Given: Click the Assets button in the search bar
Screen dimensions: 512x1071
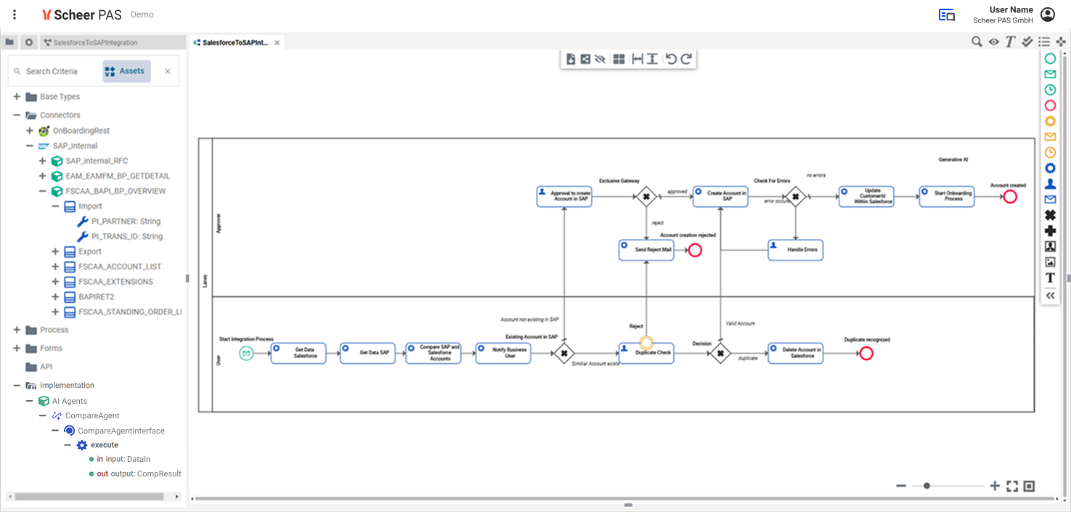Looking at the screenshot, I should (126, 71).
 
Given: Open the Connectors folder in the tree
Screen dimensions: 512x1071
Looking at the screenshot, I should (60, 115).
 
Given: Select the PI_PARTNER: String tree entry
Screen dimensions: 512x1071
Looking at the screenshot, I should (126, 222).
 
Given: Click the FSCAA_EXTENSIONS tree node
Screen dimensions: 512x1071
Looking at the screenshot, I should (115, 282).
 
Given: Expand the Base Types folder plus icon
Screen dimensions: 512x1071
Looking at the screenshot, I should (17, 97).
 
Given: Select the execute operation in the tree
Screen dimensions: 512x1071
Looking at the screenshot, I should (104, 445).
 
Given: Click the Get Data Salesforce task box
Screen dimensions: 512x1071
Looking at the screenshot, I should (298, 353).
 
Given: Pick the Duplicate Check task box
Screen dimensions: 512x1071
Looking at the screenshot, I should (646, 353).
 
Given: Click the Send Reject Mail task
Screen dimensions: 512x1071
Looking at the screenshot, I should (646, 250).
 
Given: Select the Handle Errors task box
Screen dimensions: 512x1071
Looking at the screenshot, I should (795, 250).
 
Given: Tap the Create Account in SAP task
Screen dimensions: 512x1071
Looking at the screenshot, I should (720, 196).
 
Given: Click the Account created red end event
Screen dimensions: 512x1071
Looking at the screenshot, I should (1009, 197).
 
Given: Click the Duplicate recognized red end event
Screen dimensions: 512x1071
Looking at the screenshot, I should (866, 353).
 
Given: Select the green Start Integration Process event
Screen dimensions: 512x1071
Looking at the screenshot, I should (246, 353).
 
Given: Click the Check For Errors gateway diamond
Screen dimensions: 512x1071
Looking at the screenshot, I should (796, 196).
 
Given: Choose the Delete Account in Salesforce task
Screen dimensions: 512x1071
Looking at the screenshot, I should (795, 353).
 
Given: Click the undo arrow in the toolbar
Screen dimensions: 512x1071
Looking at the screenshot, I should (670, 59).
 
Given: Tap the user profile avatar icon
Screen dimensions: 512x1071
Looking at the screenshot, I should (1047, 15).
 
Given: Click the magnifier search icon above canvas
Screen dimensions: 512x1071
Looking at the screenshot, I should (977, 42).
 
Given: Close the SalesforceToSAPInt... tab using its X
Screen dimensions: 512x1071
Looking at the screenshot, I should (277, 43).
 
